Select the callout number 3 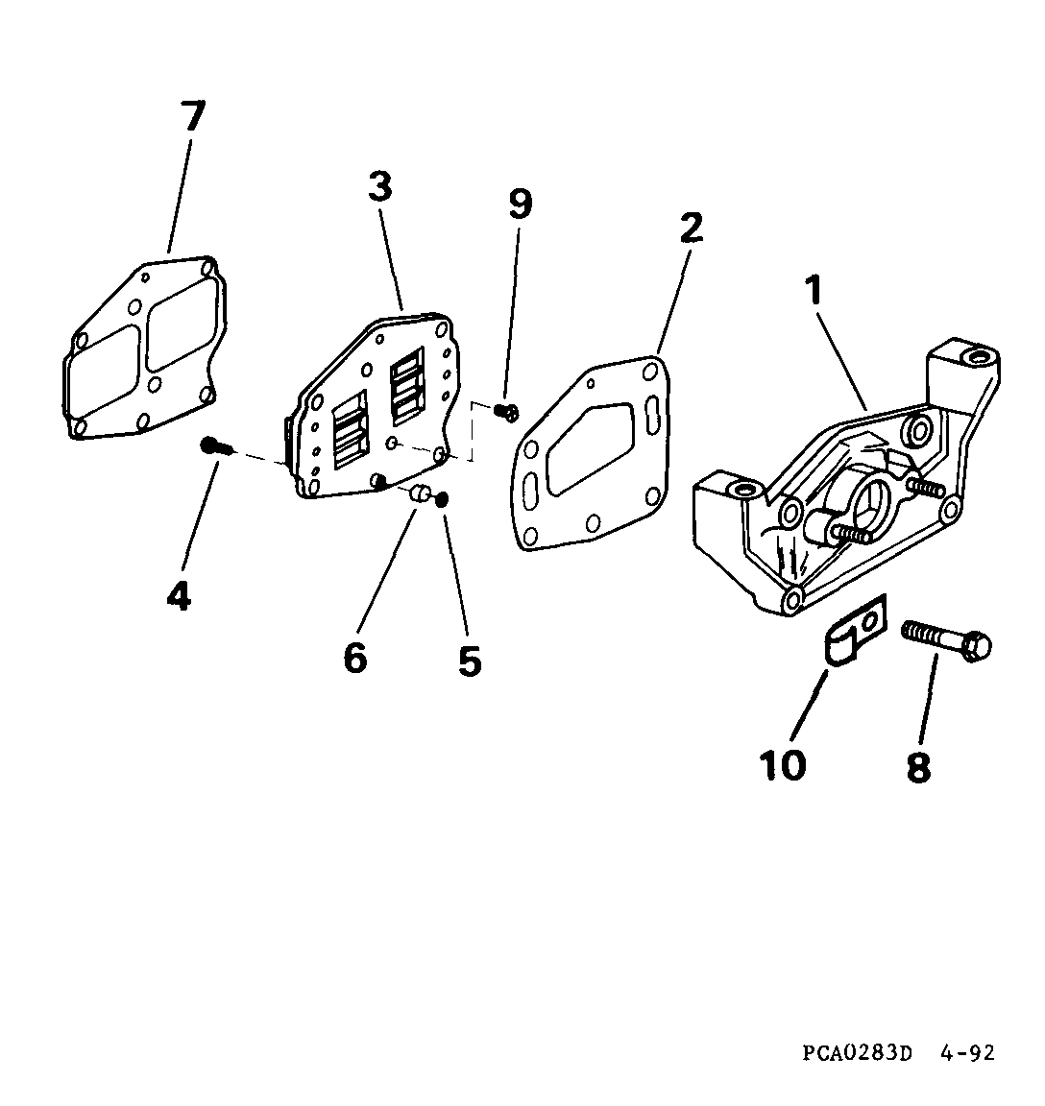point(380,187)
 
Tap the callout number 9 point(520,204)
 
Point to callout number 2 point(691,228)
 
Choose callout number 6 point(355,658)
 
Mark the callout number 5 point(470,661)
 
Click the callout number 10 point(783,765)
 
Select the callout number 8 point(918,767)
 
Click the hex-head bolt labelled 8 point(946,639)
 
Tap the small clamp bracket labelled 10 point(855,629)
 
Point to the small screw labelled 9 point(507,411)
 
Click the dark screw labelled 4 point(215,445)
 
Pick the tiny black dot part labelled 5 point(443,500)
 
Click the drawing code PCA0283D point(858,1053)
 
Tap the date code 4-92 point(966,1053)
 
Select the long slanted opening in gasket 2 point(591,448)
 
